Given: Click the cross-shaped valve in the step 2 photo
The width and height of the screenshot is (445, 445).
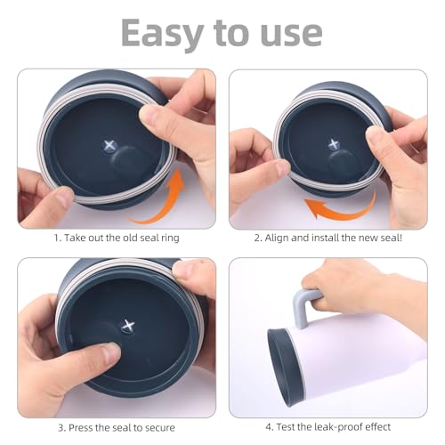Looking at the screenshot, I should tap(333, 142).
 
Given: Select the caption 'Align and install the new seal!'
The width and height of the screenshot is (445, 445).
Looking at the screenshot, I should tap(328, 238).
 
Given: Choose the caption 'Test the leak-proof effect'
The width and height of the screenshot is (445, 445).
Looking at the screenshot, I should tap(328, 428).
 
